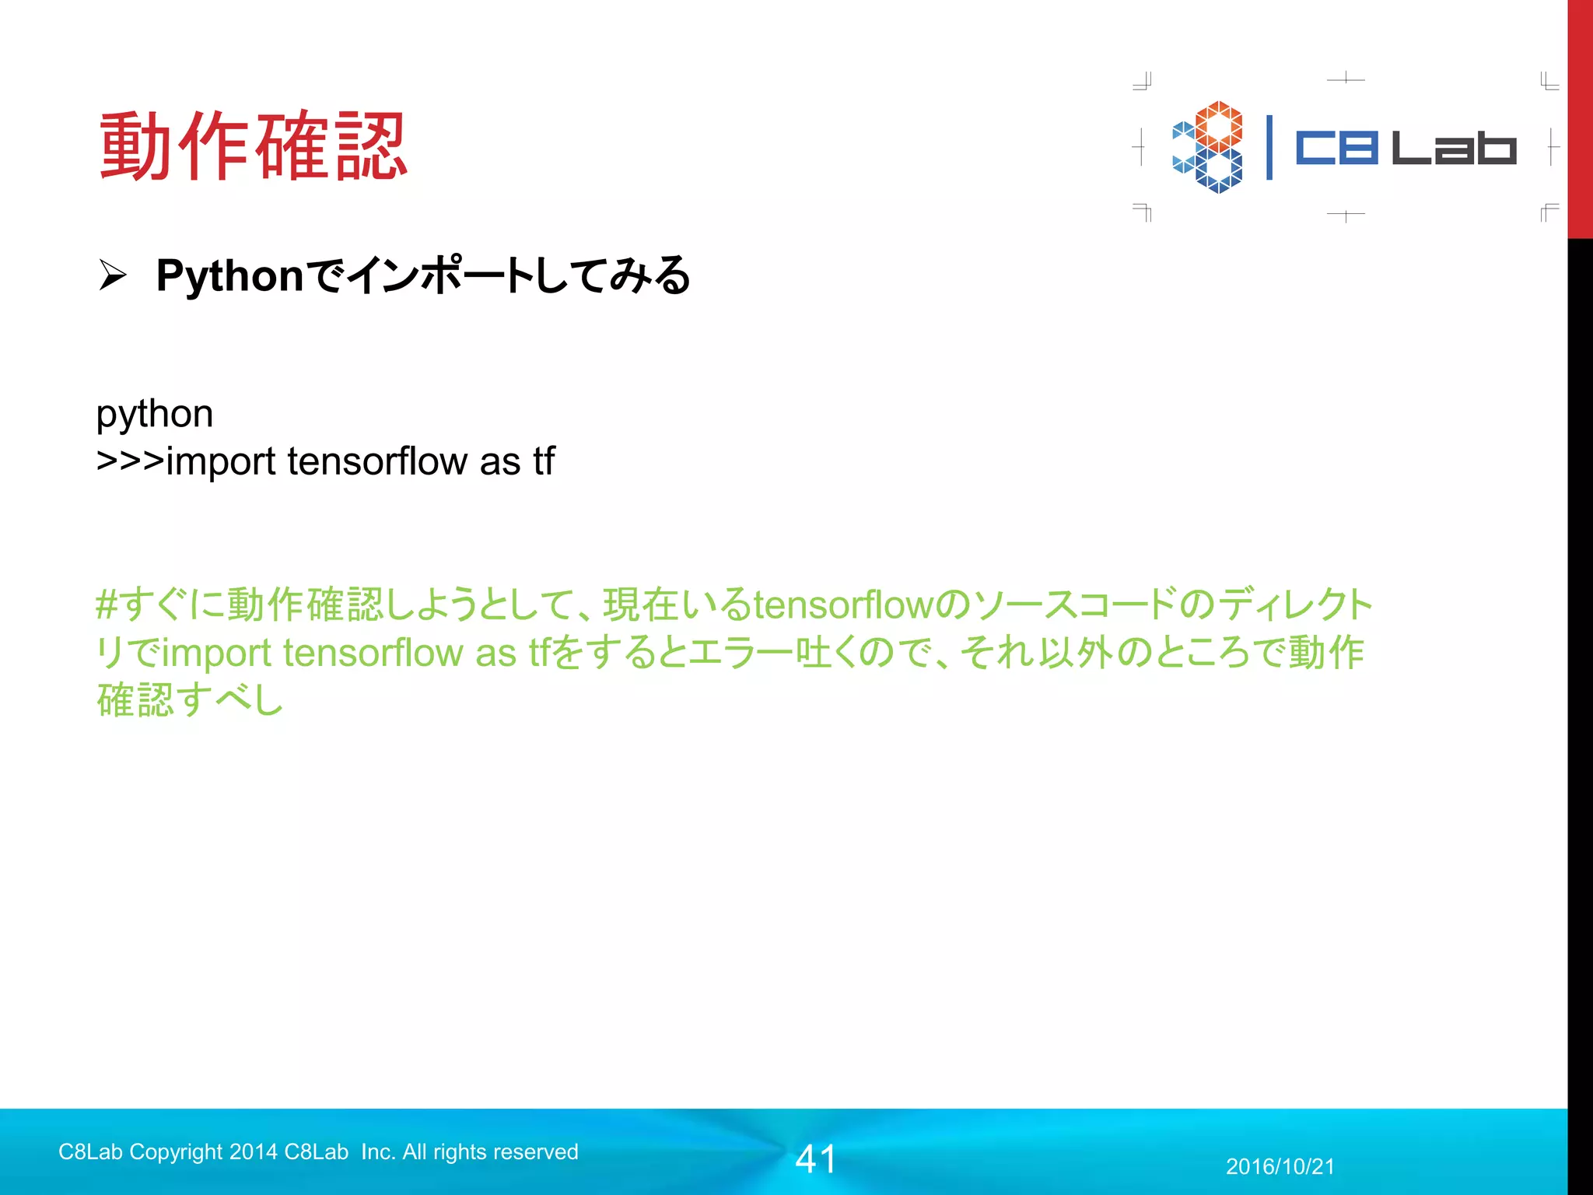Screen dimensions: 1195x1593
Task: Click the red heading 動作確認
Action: point(254,147)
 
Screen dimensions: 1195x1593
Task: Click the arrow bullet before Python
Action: point(112,275)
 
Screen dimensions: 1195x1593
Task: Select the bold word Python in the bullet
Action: point(229,275)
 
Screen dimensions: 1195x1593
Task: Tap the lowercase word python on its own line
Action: point(154,415)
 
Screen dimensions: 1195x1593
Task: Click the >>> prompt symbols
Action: point(129,461)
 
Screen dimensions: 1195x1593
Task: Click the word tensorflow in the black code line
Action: point(376,461)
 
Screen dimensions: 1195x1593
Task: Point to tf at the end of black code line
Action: point(544,461)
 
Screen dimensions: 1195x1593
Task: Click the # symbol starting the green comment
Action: point(107,605)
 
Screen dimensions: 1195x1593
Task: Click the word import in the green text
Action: point(215,653)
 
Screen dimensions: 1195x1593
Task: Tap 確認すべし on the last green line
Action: point(190,700)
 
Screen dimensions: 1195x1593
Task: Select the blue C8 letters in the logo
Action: point(1336,148)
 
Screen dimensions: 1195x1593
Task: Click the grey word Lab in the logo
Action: point(1453,148)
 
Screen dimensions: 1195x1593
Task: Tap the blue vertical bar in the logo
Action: point(1269,148)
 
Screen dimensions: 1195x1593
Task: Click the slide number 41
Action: point(815,1159)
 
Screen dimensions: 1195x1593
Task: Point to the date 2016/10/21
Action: point(1280,1166)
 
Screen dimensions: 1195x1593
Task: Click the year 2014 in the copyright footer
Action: point(253,1151)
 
